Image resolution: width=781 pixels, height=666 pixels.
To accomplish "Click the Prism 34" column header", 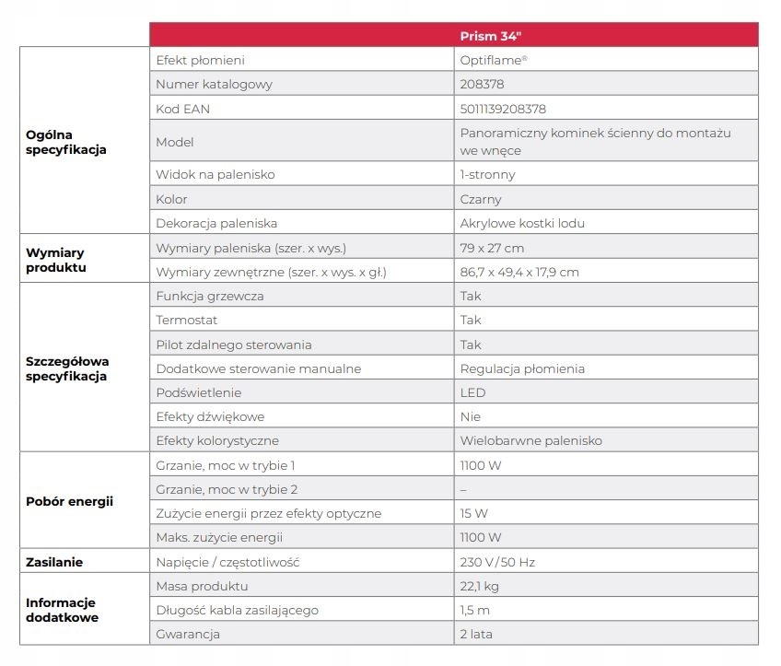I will [492, 36].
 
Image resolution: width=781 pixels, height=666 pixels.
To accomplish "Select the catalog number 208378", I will [481, 84].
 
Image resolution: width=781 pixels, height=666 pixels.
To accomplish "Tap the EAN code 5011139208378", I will [503, 109].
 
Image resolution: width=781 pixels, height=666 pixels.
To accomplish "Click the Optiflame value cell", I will [494, 60].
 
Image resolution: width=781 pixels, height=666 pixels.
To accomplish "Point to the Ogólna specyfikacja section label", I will [66, 142].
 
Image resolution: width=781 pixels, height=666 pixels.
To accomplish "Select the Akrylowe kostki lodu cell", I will [522, 223].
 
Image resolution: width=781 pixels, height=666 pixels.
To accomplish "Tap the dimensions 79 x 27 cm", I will [492, 248].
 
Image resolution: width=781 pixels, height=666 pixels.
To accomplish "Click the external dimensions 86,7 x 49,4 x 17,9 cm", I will [519, 272].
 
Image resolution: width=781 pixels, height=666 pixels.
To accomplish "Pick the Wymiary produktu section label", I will [57, 260].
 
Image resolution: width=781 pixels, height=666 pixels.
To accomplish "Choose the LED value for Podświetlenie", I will [472, 392].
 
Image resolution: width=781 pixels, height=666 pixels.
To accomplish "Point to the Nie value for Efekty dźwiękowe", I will [471, 416].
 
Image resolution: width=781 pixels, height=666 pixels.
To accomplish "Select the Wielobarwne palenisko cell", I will [530, 440].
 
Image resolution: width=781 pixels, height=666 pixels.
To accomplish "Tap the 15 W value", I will [473, 513].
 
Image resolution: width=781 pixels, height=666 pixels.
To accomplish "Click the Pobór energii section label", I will [69, 501].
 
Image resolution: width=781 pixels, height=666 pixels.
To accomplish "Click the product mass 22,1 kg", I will [479, 586].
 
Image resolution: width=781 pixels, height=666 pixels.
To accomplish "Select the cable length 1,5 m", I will [474, 610].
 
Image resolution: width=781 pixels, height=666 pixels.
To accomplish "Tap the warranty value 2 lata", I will [476, 634].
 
